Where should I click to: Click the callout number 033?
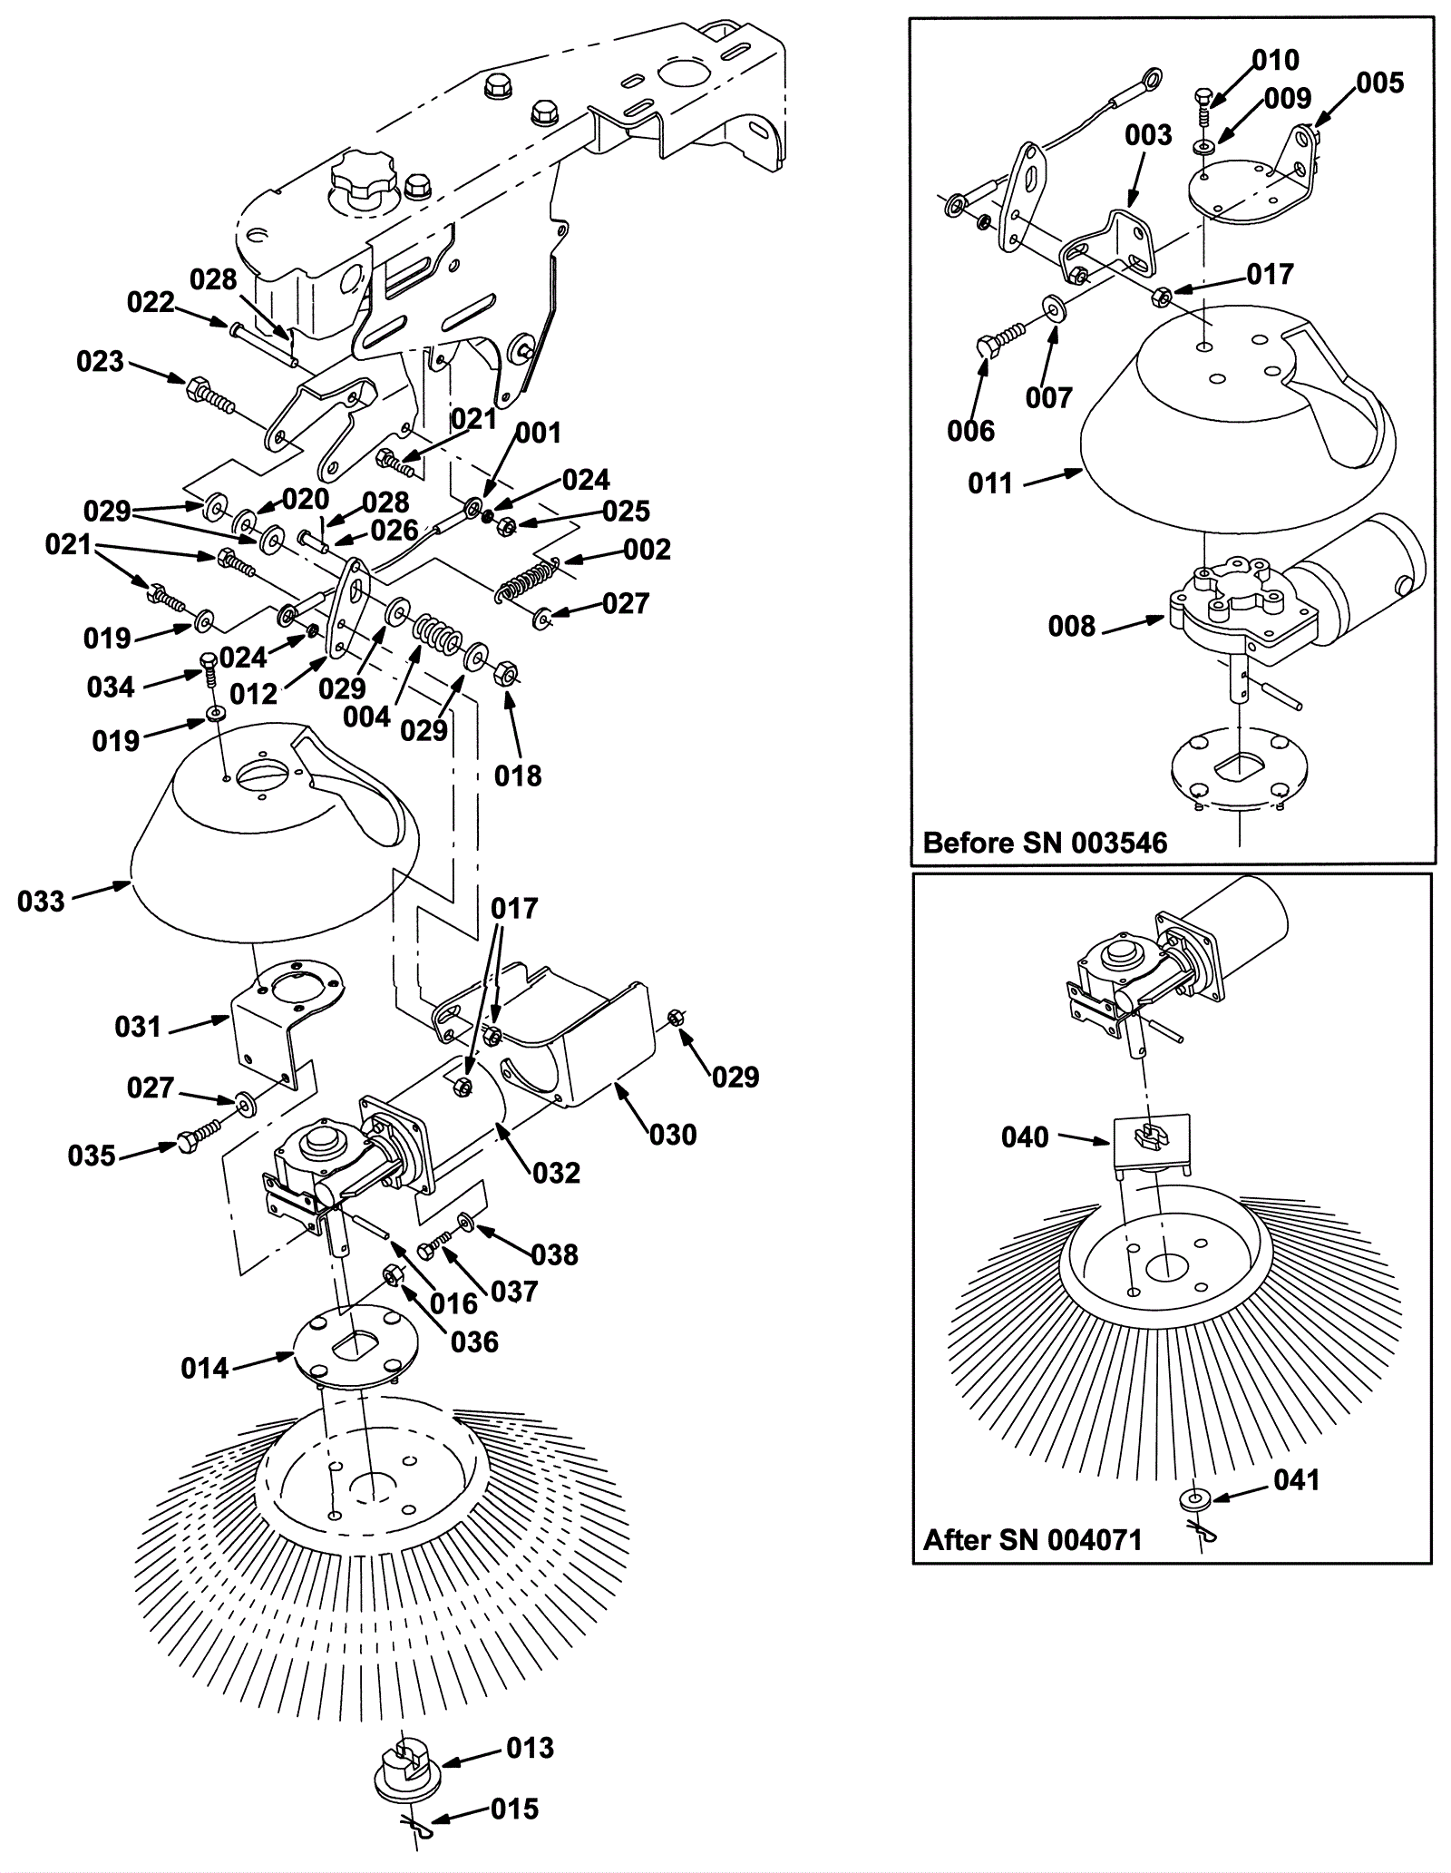[x=41, y=901]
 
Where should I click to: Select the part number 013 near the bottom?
[x=530, y=1747]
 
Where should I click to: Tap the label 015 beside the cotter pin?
[x=514, y=1809]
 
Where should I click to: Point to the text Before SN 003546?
[x=1045, y=843]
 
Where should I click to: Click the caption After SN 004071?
[x=1032, y=1539]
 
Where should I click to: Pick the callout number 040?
[x=1025, y=1136]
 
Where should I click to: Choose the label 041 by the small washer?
[x=1296, y=1479]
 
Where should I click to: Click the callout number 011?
[x=990, y=483]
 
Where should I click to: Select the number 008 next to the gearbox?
[x=1072, y=626]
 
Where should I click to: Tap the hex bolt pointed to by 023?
[x=209, y=395]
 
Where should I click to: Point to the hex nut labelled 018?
[x=505, y=675]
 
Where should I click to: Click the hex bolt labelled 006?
[x=995, y=347]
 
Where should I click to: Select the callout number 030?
[x=673, y=1134]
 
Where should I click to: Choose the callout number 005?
[x=1380, y=83]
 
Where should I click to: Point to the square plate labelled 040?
[x=1151, y=1143]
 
